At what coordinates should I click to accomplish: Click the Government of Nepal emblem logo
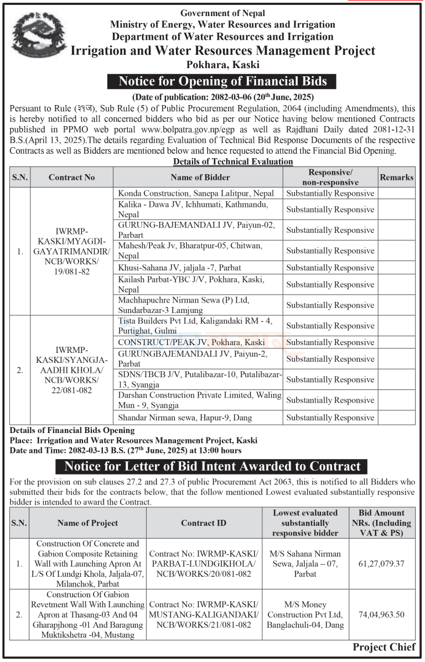tap(38, 37)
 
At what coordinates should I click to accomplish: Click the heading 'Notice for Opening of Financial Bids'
tap(222, 81)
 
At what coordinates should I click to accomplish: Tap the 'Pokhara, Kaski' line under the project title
tap(223, 65)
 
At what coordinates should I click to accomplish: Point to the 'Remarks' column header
tap(396, 177)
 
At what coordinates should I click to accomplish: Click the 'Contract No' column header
tap(71, 177)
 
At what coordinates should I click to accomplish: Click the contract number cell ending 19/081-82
tap(71, 251)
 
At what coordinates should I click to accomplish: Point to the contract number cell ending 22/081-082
tap(71, 370)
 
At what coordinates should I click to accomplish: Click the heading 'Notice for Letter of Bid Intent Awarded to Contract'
tap(212, 466)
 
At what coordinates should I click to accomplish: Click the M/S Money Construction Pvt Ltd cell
tap(305, 614)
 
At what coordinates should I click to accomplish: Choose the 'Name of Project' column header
tap(87, 523)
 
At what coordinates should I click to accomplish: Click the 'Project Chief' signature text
tap(383, 647)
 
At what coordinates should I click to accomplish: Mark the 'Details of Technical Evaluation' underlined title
tap(232, 161)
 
